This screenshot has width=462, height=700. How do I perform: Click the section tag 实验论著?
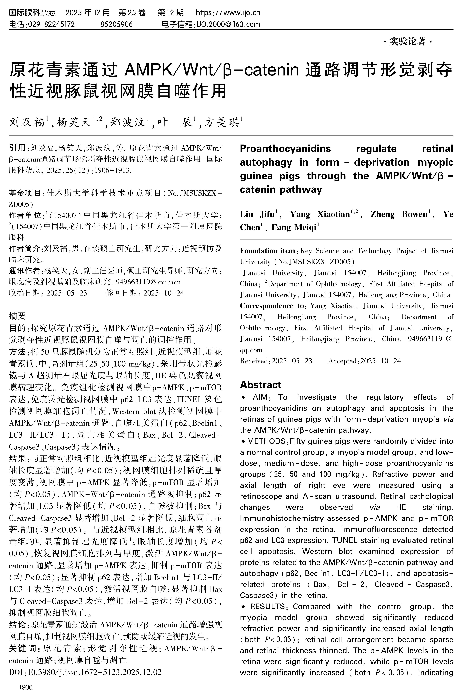(x=407, y=42)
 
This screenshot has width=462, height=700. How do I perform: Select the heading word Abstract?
(x=260, y=385)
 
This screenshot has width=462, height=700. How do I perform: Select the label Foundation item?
(x=267, y=251)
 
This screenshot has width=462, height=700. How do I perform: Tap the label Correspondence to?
(x=272, y=306)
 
